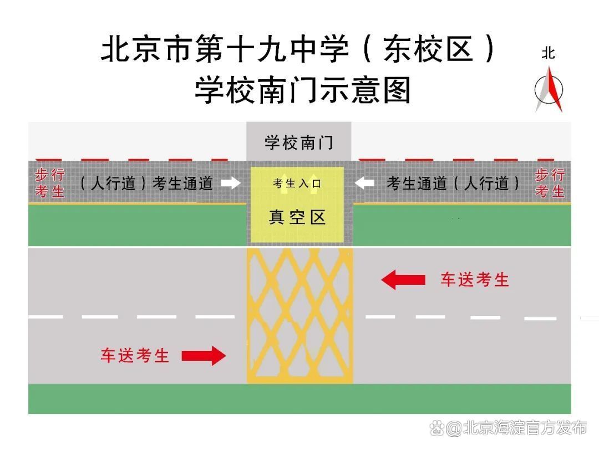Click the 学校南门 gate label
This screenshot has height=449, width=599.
pos(298,142)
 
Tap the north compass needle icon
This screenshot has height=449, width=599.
pos(549,89)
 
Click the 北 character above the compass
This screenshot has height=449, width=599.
pos(548,53)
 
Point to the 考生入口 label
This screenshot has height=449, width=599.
pos(297,183)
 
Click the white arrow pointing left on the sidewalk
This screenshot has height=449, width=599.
pos(364,183)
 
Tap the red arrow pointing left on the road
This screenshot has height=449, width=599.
pos(403,279)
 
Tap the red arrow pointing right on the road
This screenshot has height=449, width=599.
pos(204,355)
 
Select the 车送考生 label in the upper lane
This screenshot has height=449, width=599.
pos(475,279)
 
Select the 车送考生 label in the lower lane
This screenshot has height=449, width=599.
pos(135,355)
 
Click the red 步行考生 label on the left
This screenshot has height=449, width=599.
pos(50,183)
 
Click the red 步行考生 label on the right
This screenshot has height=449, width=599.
pos(550,183)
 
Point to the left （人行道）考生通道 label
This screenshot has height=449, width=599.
pos(146,183)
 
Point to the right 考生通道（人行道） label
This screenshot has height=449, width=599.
pos(454,183)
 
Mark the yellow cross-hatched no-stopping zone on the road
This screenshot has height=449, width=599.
pos(299,315)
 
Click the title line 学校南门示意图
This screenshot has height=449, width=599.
pos(302,90)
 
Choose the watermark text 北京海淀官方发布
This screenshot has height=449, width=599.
pos(524,428)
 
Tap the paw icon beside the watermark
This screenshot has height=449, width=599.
pos(438,428)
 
